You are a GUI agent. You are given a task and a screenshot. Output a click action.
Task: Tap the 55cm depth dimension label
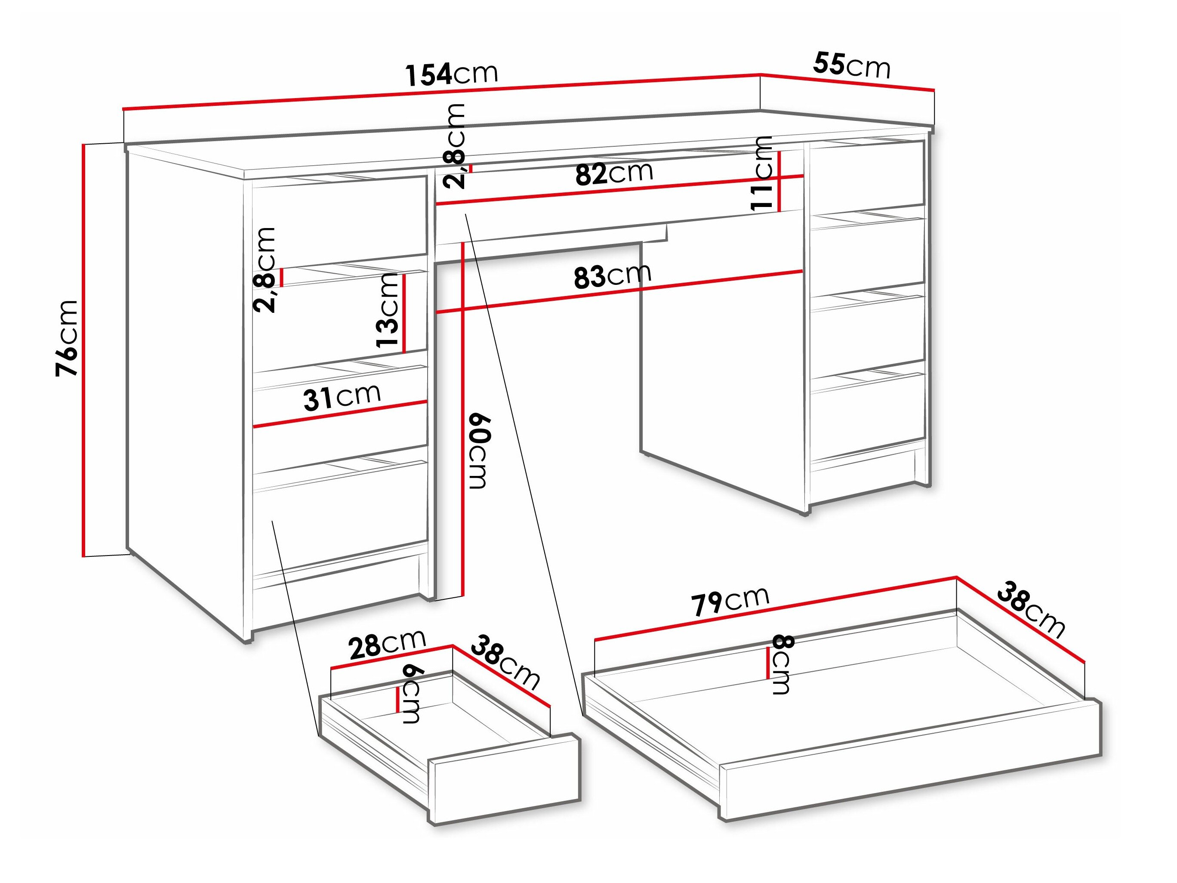point(851,65)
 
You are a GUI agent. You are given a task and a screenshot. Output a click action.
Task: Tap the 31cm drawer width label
point(342,397)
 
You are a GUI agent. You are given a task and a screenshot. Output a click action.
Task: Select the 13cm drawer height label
point(388,310)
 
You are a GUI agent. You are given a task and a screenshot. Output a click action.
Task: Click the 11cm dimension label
point(762,173)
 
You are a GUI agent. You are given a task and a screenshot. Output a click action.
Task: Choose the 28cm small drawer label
point(387,644)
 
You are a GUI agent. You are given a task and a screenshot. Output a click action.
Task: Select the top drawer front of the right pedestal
point(868,173)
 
